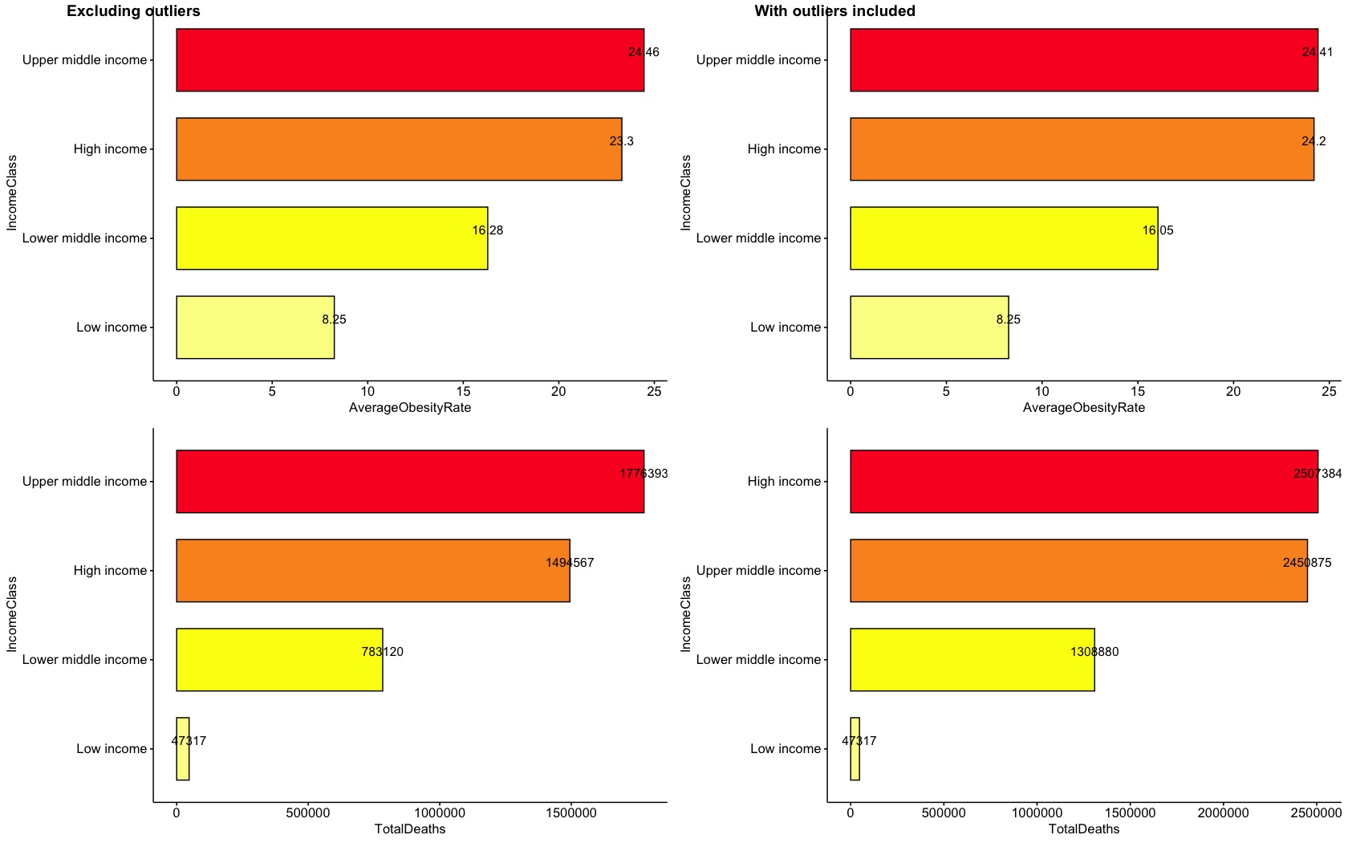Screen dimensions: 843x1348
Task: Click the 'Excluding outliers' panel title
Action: point(133,11)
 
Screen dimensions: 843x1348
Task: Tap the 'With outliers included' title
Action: point(834,11)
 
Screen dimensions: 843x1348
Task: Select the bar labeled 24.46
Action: point(409,60)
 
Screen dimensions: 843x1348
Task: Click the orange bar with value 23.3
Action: point(399,149)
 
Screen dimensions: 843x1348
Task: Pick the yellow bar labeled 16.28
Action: point(331,238)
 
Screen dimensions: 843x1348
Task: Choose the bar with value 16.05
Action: point(1004,238)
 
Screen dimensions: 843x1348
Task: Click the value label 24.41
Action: point(1317,52)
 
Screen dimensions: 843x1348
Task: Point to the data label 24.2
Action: point(1313,141)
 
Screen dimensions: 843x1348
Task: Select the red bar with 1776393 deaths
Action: point(409,482)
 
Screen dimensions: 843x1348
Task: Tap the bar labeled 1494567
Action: point(372,571)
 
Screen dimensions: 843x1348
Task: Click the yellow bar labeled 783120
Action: point(279,660)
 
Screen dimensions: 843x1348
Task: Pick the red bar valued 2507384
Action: point(1083,482)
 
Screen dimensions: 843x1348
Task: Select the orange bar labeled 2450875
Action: point(1078,571)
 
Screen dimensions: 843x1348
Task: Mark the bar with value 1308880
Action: point(972,660)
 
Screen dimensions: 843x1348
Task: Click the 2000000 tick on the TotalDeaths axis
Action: point(1224,812)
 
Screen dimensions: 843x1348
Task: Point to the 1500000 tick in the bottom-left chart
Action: point(570,812)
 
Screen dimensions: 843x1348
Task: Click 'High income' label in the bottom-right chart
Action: point(784,482)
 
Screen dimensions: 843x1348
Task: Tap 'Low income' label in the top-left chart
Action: point(112,328)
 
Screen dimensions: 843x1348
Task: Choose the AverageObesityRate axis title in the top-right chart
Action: point(1083,408)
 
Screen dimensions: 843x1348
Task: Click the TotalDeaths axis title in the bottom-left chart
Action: point(409,829)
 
